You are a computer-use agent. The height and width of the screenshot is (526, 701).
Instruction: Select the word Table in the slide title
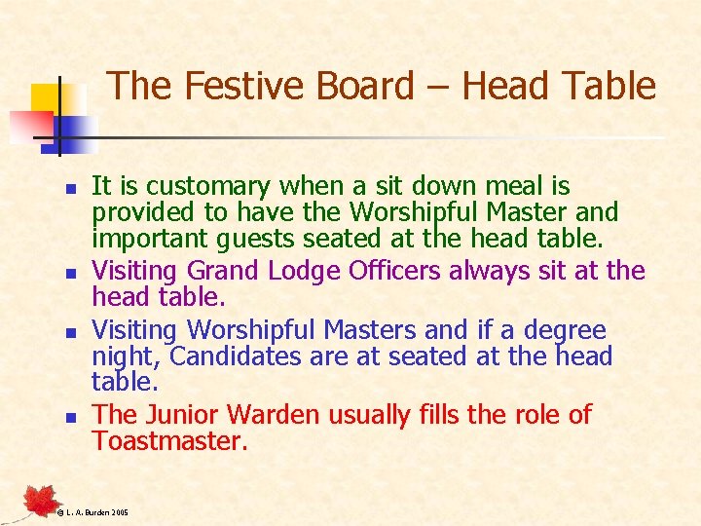(x=609, y=86)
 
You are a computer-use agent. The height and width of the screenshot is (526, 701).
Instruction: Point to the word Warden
(x=277, y=415)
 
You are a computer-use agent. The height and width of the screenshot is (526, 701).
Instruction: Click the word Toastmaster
(x=170, y=440)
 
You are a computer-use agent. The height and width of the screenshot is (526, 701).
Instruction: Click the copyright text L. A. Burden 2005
(x=92, y=512)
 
